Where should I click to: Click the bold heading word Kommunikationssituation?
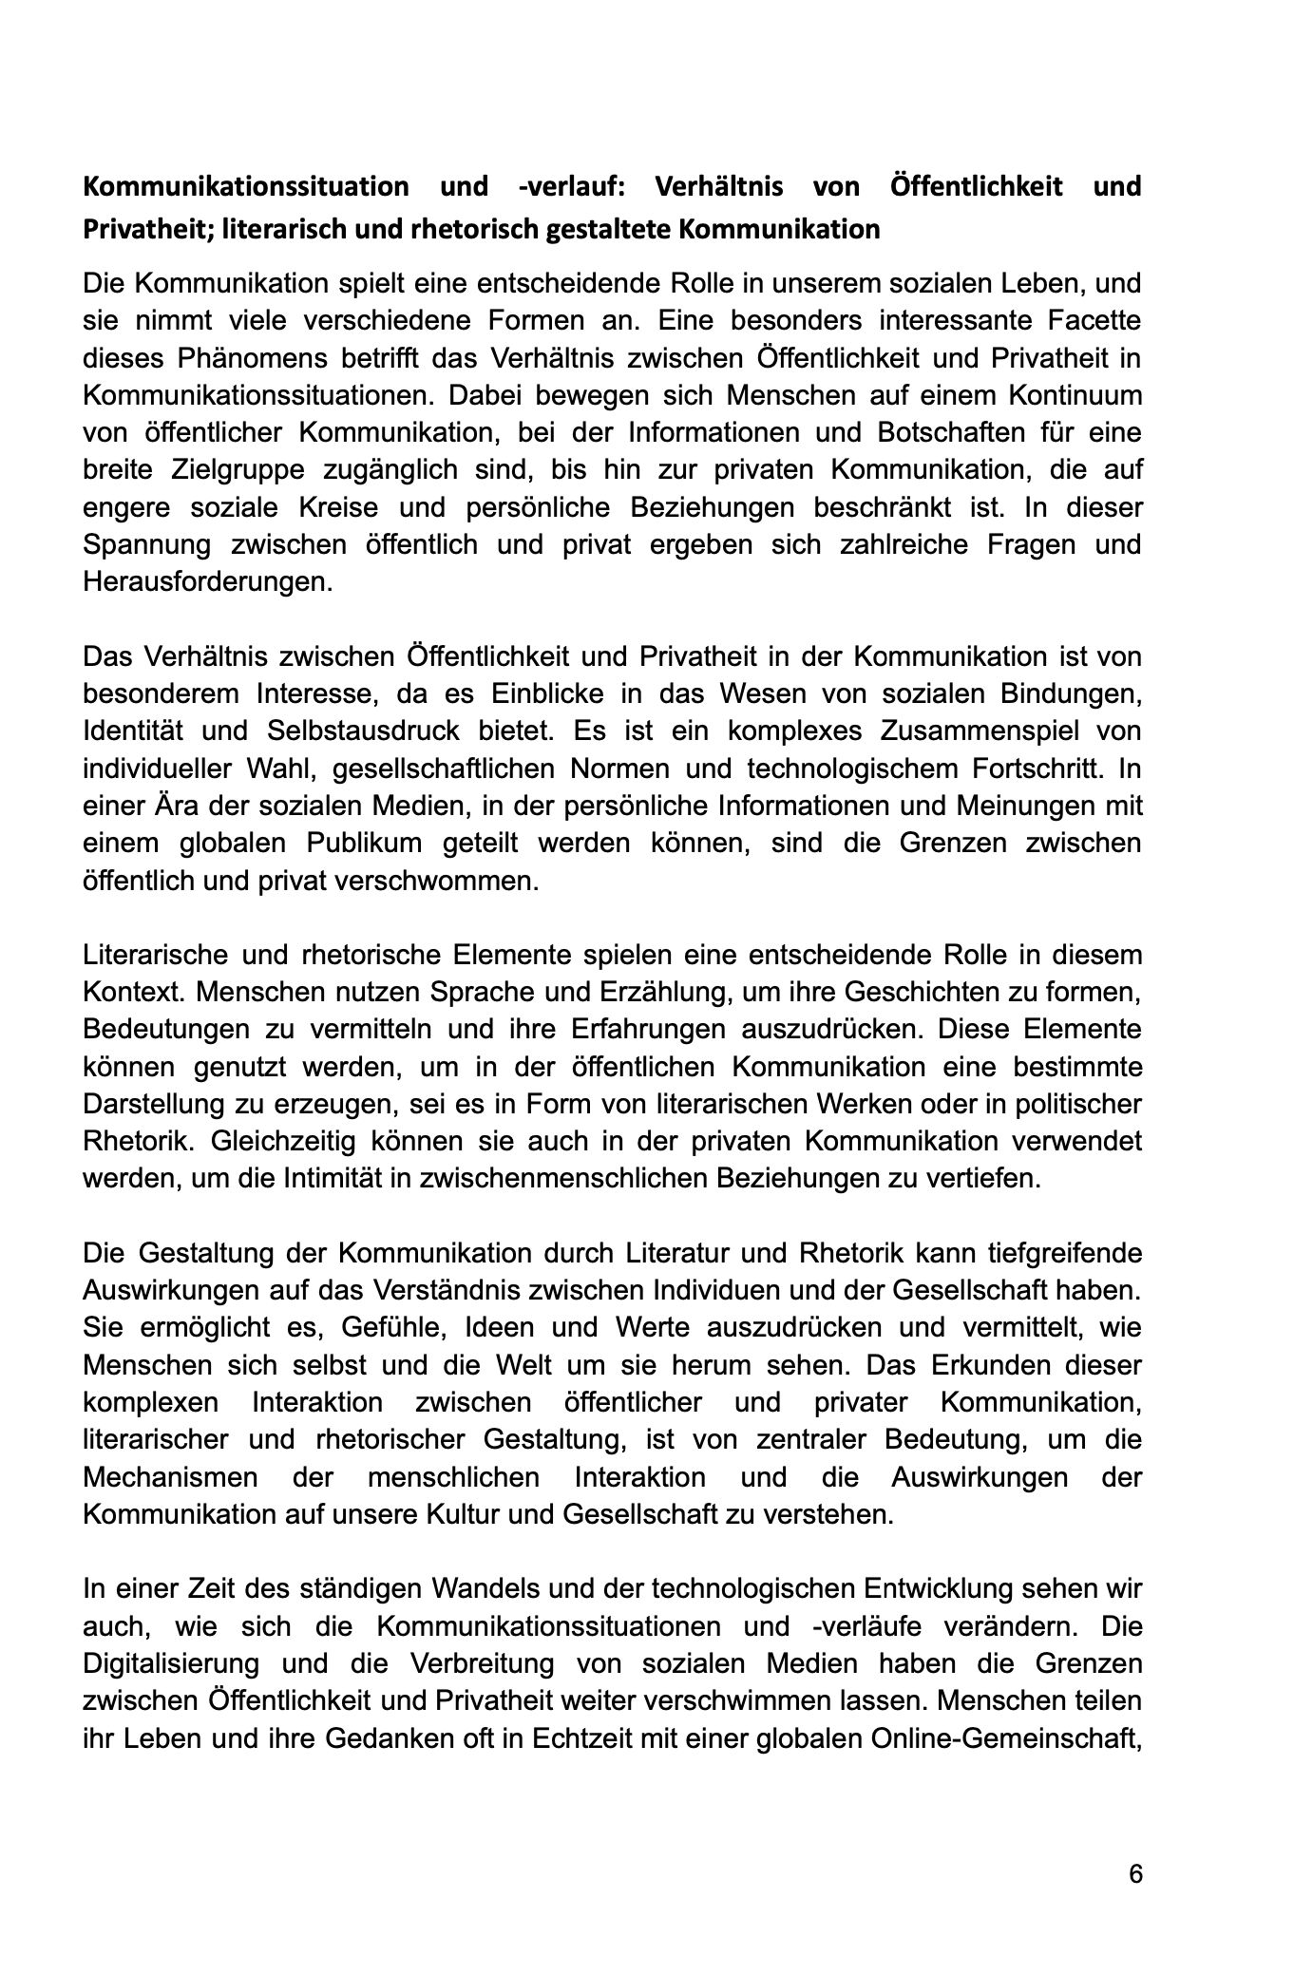click(245, 186)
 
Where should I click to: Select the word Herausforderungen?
click(208, 581)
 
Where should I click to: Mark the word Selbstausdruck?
click(390, 731)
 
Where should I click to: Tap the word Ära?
click(175, 806)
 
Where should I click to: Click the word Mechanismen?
click(170, 1477)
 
